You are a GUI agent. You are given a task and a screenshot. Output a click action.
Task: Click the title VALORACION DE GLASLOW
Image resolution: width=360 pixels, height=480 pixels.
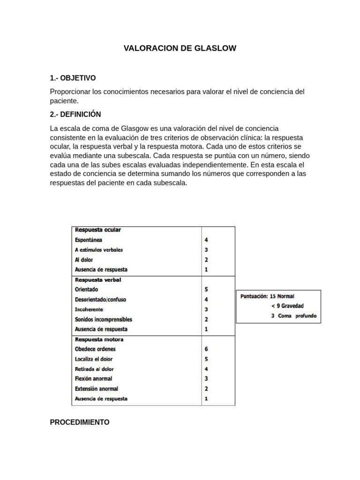180,48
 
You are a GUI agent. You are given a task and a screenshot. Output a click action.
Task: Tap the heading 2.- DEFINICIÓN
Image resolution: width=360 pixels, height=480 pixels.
75,114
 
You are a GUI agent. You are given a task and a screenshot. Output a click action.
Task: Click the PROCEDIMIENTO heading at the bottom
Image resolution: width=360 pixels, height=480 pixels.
80,422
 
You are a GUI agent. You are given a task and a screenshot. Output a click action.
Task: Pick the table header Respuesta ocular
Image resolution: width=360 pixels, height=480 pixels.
98,230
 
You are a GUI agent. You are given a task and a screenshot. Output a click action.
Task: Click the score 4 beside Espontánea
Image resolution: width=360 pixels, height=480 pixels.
206,240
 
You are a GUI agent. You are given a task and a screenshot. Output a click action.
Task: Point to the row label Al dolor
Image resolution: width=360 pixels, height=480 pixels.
84,260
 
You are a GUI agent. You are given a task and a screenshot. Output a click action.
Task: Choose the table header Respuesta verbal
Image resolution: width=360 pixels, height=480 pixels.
98,280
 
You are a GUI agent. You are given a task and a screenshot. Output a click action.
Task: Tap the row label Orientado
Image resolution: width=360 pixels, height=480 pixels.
87,290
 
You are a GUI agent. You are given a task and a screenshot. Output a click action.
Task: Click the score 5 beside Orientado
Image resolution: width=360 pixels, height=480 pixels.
206,290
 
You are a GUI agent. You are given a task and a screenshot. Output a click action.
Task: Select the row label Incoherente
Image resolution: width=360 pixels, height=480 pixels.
89,309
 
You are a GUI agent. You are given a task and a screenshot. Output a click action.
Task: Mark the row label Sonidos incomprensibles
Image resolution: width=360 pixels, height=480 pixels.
104,319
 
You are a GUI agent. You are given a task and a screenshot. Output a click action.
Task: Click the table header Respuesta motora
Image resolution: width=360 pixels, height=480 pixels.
99,339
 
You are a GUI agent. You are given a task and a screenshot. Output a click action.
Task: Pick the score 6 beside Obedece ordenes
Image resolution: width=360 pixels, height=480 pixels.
206,349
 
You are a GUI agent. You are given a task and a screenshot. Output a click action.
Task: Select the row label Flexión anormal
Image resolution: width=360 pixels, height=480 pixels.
94,379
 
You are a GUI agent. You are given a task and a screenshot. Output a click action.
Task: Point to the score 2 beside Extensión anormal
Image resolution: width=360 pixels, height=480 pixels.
206,389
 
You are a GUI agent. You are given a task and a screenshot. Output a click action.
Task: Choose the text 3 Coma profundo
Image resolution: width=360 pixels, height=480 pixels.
293,316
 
